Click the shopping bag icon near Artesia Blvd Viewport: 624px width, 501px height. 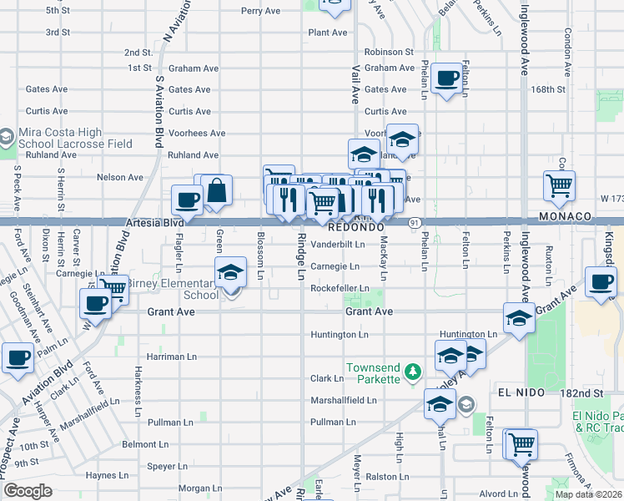(217, 190)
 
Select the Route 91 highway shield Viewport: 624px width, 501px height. (414, 223)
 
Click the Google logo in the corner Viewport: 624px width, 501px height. (28, 491)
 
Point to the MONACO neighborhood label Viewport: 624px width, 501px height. (566, 216)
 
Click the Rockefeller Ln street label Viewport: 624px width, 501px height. (340, 288)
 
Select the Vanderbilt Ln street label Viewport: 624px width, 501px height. (338, 245)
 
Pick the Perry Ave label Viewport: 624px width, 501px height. (260, 12)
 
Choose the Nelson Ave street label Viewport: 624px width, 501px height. (120, 177)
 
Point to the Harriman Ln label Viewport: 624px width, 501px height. (171, 356)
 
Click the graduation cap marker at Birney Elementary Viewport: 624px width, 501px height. (231, 271)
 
